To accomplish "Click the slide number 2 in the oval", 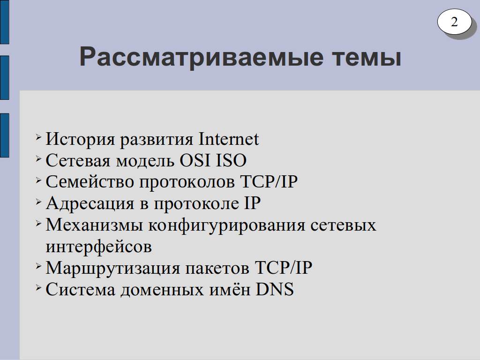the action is (454, 22).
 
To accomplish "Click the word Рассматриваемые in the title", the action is (202, 57).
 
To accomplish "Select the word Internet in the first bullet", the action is (229, 139).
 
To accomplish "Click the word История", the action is (80, 139).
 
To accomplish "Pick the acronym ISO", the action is (231, 160).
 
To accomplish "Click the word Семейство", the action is (90, 182).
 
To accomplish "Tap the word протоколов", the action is (187, 182).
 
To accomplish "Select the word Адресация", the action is (90, 203).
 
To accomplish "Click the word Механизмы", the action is (94, 225).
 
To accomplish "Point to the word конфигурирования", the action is (227, 225).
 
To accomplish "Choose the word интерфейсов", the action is (98, 247).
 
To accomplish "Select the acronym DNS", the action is (274, 289).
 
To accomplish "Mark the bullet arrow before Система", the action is (38, 287).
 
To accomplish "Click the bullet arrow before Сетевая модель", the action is (38, 158).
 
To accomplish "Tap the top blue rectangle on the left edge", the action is (5, 22).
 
